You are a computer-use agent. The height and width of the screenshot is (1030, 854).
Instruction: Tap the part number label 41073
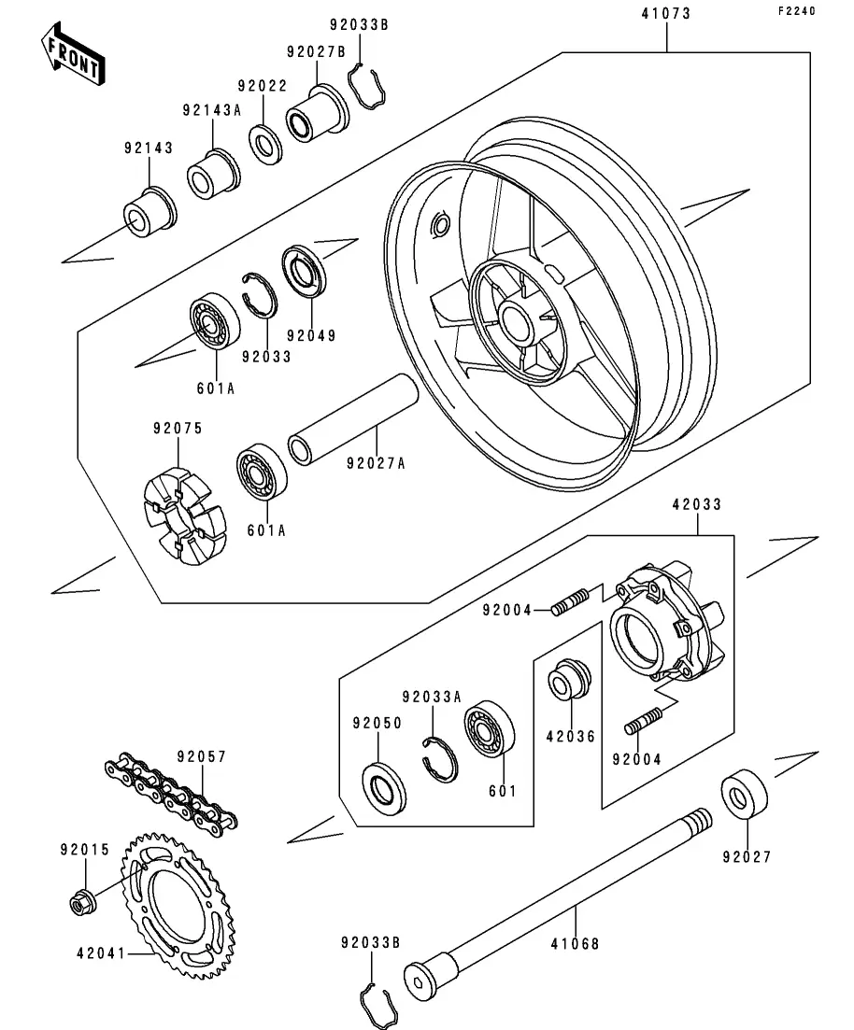tap(666, 14)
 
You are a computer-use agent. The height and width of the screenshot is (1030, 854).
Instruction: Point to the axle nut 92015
tap(83, 903)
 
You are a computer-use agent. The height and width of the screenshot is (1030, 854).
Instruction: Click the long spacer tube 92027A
tap(354, 419)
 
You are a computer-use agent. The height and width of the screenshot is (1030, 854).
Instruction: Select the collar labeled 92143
tap(149, 212)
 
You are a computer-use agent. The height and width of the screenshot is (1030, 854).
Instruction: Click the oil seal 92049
tap(305, 270)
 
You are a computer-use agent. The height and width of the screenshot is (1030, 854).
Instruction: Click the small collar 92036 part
tap(569, 678)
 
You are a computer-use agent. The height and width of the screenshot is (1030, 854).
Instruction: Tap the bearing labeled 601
tap(490, 729)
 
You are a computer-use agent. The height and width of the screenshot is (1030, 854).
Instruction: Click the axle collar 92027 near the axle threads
tap(744, 793)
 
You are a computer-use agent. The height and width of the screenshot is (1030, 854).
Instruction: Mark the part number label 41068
tap(576, 944)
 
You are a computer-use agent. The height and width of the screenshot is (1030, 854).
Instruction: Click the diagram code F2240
tap(797, 11)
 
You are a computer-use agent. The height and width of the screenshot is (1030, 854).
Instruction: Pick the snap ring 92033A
tap(439, 760)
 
